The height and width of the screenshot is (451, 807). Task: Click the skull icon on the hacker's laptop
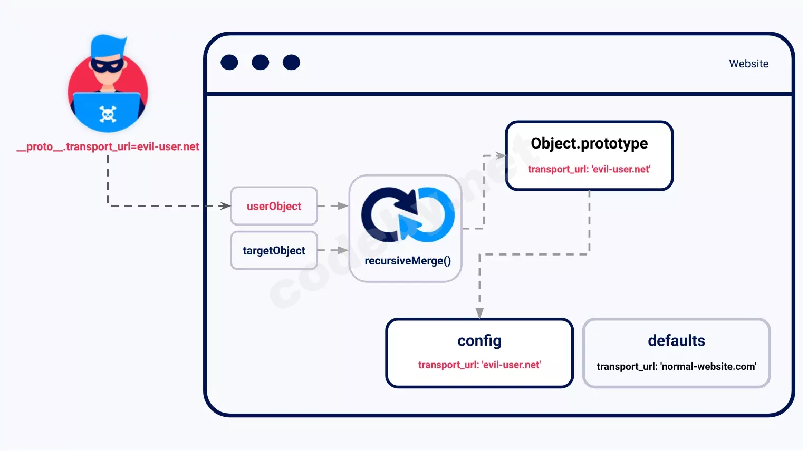[108, 114]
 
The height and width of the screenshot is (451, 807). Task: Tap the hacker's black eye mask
[107, 65]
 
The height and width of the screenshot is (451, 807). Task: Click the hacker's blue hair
[108, 46]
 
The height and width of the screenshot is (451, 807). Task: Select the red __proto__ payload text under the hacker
[108, 147]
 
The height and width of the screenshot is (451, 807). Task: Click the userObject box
[274, 206]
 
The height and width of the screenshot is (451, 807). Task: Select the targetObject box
[274, 250]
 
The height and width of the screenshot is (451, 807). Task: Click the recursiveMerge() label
[408, 261]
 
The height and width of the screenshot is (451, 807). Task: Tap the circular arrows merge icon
[408, 215]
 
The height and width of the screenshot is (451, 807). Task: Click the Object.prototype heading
[589, 143]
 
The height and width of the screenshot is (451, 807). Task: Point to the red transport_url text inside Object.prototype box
[589, 169]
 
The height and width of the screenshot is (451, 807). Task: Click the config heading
[479, 341]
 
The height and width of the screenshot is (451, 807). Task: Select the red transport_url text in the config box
[479, 365]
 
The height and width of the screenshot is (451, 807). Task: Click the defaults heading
[677, 340]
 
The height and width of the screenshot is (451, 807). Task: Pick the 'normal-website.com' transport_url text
[677, 366]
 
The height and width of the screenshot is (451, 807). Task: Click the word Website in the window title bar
[749, 64]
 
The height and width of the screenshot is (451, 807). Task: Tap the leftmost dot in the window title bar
[229, 62]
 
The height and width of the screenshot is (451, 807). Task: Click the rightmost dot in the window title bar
[292, 62]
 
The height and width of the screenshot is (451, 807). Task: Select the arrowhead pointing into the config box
[479, 313]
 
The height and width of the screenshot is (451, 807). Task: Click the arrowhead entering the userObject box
[225, 206]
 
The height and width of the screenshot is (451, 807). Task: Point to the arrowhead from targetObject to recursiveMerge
[343, 250]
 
